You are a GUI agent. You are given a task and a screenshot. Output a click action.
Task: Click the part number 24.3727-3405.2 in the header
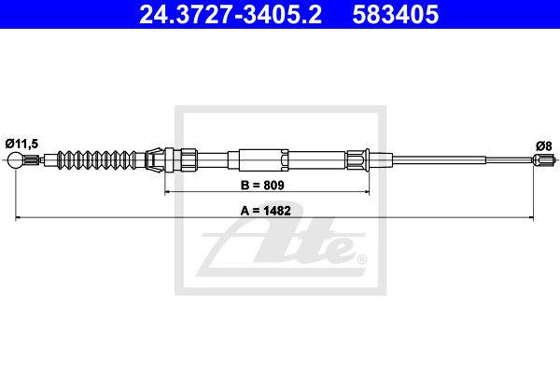coord(231,15)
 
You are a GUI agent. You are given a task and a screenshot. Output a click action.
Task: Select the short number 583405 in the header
coord(396,15)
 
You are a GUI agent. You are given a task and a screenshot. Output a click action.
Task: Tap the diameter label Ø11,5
coord(21,144)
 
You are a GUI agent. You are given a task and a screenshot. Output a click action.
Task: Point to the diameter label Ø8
coord(544,146)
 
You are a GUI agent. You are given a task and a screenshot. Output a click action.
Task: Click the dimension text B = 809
coord(262,186)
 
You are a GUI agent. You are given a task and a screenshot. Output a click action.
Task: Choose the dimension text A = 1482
coord(266,211)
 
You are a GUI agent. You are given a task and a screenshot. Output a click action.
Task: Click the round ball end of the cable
coord(16,159)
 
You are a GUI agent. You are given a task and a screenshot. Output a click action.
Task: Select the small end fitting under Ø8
coord(545,159)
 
